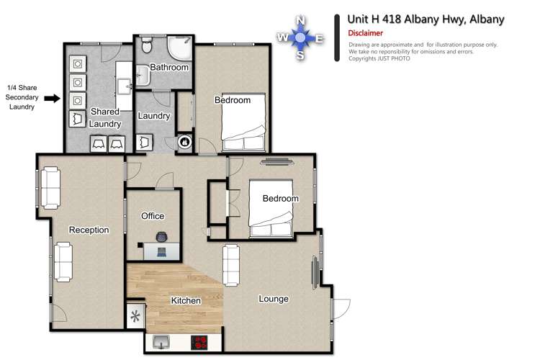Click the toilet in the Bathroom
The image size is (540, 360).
pyautogui.click(x=146, y=46)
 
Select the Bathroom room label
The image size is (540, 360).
pyautogui.click(x=170, y=68)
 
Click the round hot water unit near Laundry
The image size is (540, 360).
pyautogui.click(x=184, y=143)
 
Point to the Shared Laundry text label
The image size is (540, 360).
pyautogui.click(x=104, y=117)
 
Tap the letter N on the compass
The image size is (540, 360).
pyautogui.click(x=300, y=21)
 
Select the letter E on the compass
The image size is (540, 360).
pyautogui.click(x=319, y=38)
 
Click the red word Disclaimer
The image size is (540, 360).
pyautogui.click(x=365, y=33)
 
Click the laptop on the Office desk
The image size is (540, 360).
pyautogui.click(x=161, y=251)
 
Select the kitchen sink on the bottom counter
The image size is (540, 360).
pyautogui.click(x=160, y=341)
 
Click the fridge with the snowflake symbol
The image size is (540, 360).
pyautogui.click(x=135, y=316)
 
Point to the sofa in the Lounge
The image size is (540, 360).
pyautogui.click(x=231, y=266)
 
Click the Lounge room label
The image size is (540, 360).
pyautogui.click(x=274, y=299)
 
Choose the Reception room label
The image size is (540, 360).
pyautogui.click(x=89, y=230)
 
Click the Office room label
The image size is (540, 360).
pyautogui.click(x=153, y=216)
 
